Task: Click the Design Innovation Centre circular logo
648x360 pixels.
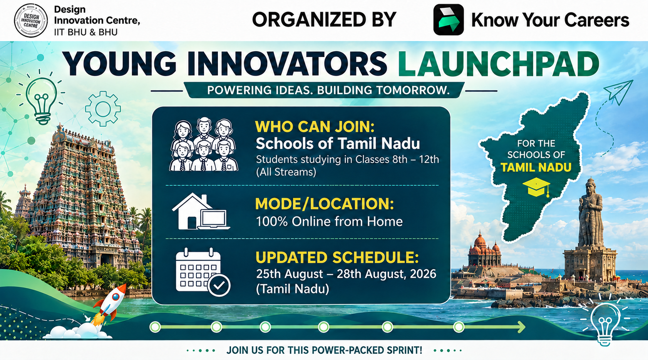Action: tap(31, 20)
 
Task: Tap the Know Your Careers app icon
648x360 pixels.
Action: tap(449, 20)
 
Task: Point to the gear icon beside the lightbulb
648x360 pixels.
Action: tap(103, 109)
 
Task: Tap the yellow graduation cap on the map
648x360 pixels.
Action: tap(537, 187)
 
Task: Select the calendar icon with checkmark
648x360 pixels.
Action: tap(203, 272)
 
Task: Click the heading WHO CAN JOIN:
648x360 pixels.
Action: tap(315, 127)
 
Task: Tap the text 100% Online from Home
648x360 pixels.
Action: tap(329, 222)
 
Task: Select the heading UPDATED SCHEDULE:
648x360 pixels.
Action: tap(337, 258)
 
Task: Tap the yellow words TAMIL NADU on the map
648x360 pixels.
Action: tap(536, 167)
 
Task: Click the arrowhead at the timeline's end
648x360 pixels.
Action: tap(521, 327)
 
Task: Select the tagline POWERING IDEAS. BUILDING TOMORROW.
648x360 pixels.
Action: tap(329, 90)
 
